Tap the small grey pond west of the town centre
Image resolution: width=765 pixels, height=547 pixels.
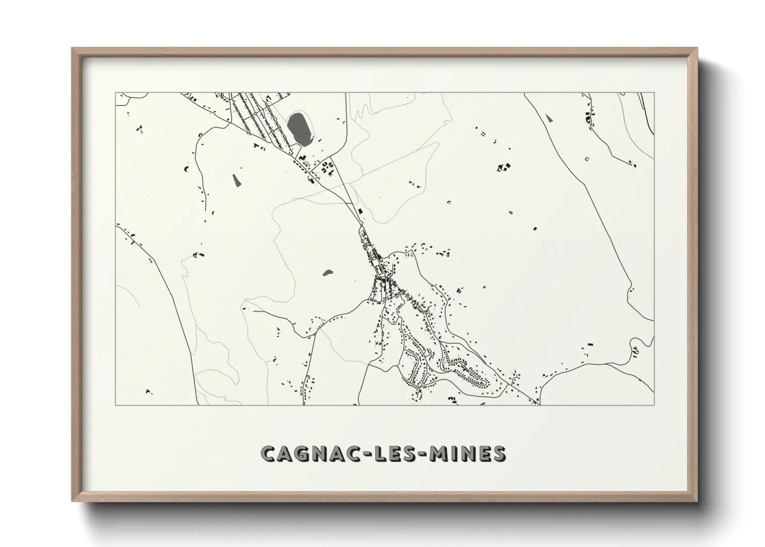[327, 272]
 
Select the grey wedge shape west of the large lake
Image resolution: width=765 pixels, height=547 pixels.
[237, 179]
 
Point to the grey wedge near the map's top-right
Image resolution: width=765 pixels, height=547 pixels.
[549, 118]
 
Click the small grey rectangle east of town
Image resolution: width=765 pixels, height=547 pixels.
[511, 212]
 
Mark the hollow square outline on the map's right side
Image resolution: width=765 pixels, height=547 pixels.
[586, 158]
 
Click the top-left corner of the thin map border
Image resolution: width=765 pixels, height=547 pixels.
[115, 93]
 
